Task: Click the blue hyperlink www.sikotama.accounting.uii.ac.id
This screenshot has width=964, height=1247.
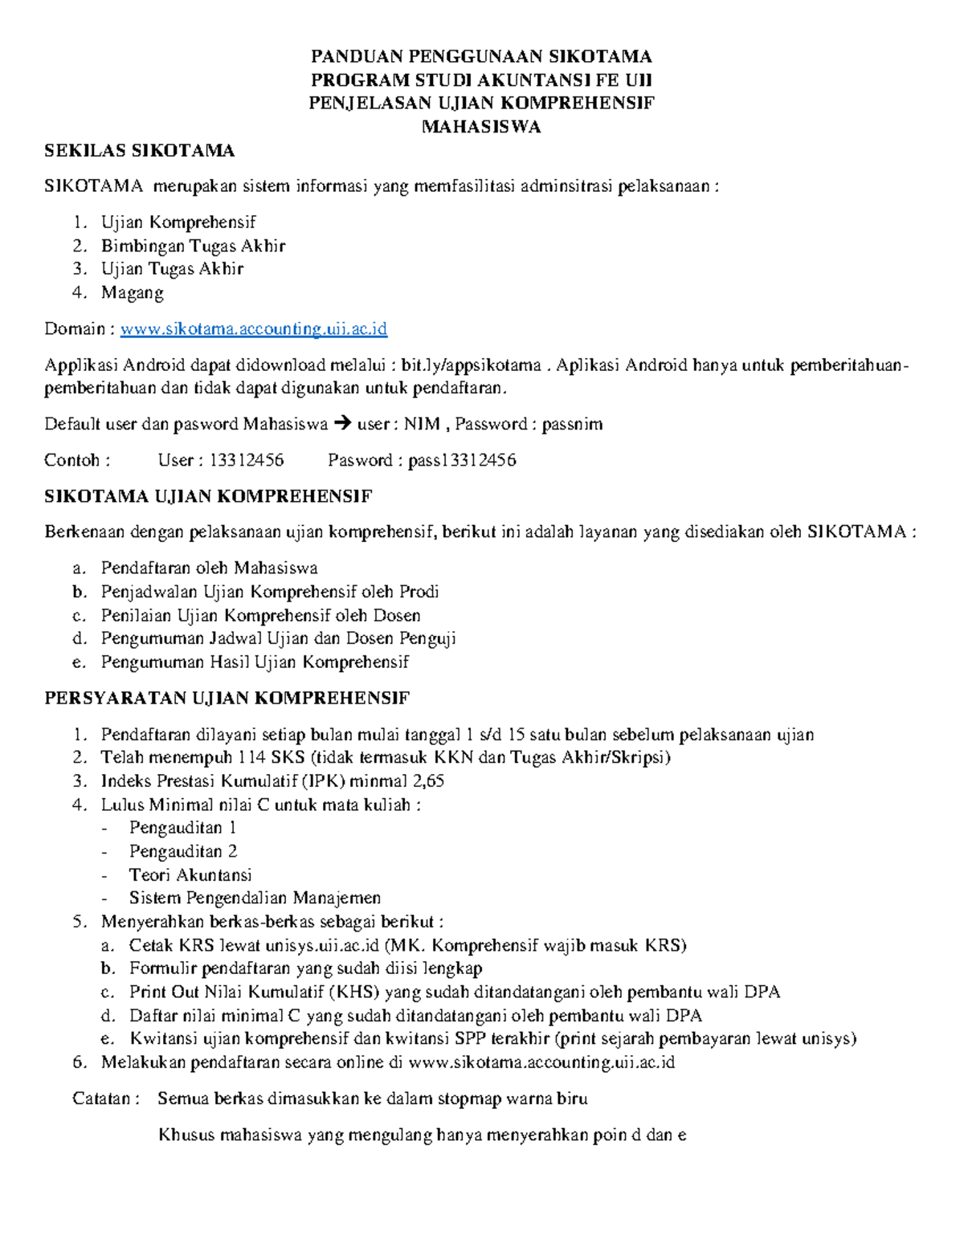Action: [254, 329]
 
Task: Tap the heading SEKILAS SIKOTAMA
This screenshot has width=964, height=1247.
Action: [140, 151]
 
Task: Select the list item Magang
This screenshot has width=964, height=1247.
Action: [133, 292]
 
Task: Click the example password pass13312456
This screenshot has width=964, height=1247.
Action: [462, 460]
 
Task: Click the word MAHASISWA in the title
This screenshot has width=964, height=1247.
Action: [481, 127]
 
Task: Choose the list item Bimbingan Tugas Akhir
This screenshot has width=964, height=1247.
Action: [193, 246]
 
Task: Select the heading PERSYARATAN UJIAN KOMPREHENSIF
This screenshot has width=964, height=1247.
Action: [227, 698]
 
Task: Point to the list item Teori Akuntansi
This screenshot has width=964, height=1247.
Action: [190, 874]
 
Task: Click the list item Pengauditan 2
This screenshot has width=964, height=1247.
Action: [183, 851]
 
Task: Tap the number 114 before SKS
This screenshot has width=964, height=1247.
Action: [252, 757]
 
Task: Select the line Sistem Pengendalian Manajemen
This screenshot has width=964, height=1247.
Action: [255, 898]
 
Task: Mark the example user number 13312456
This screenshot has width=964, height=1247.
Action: [247, 460]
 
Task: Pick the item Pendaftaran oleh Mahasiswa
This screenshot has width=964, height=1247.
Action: [209, 568]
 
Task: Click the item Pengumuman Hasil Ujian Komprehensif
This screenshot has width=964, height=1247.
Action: [255, 662]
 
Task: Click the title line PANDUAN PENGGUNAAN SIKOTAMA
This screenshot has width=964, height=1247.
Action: [481, 56]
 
